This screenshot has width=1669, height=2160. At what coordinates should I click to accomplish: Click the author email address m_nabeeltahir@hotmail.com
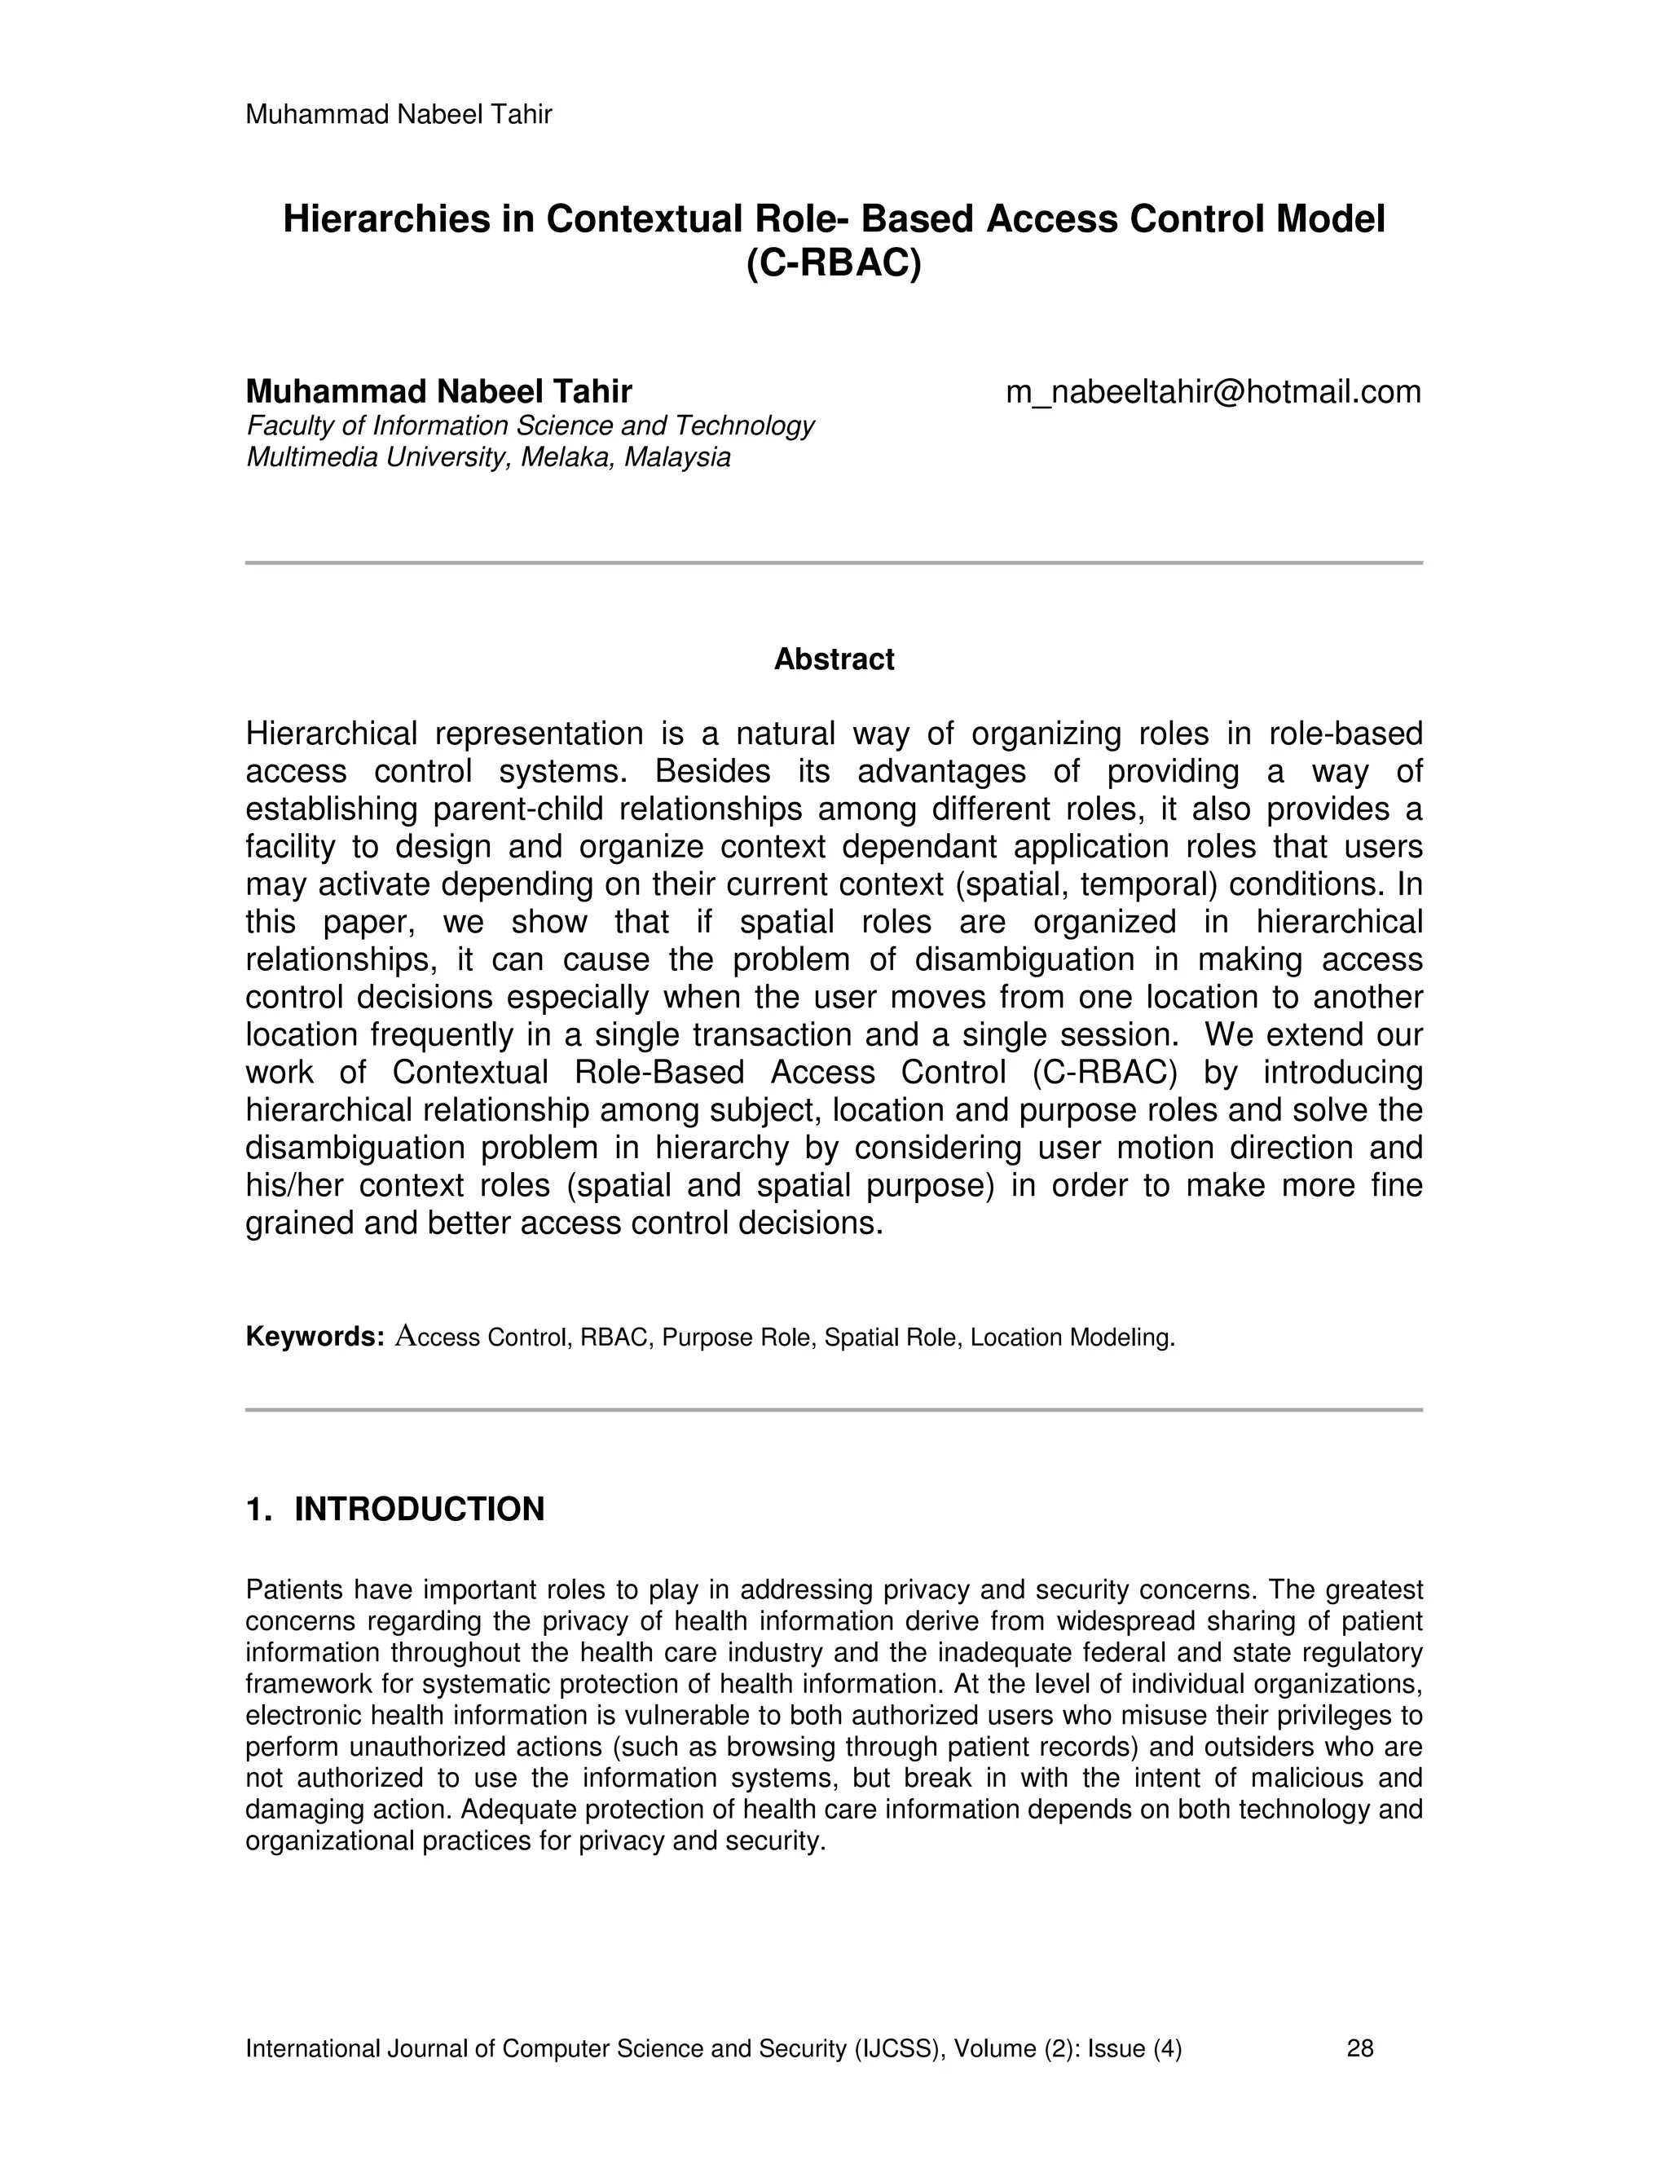[1213, 393]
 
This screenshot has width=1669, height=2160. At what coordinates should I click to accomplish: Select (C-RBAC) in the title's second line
[834, 263]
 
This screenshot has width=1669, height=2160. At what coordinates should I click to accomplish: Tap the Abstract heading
[834, 659]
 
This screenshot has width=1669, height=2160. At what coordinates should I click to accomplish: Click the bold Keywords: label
[315, 1337]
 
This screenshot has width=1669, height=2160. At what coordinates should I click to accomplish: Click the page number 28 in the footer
[1359, 2048]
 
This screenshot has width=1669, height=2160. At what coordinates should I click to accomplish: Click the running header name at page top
[399, 115]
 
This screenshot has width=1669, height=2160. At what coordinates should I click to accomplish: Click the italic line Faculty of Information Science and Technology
[530, 425]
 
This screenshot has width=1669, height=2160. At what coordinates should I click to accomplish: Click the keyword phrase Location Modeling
[1072, 1338]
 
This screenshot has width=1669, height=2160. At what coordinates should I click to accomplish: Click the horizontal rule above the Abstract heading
[834, 562]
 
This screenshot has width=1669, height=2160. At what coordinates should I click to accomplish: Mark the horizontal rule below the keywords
[834, 1409]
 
